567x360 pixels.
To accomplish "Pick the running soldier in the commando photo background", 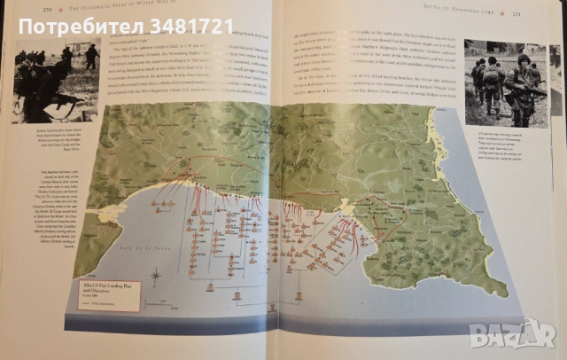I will tap(90, 55).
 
